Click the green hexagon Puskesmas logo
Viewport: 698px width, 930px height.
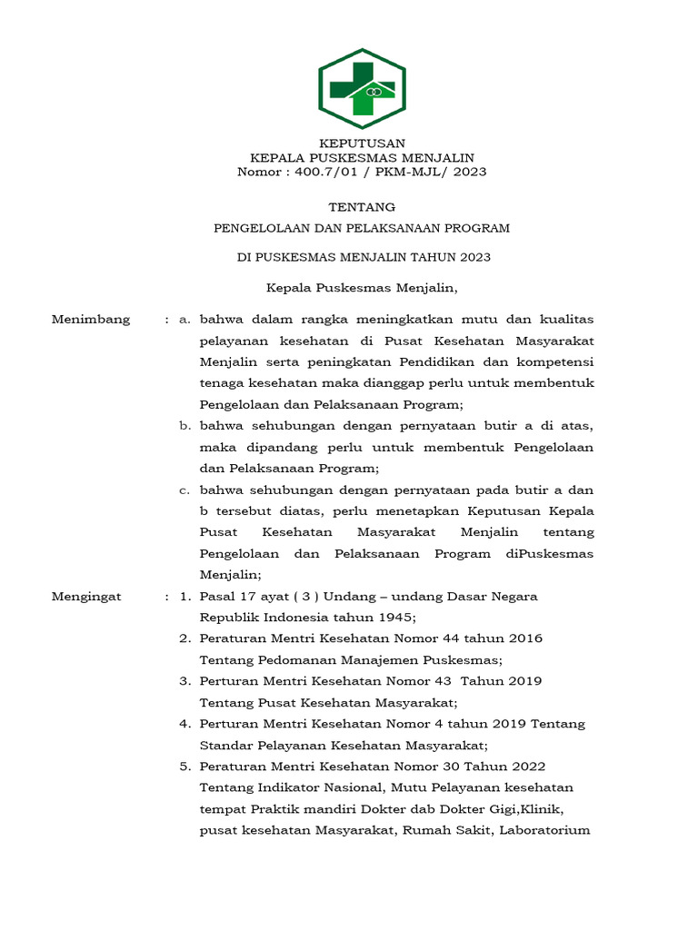(x=362, y=88)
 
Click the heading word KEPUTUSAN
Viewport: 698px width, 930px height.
(x=362, y=143)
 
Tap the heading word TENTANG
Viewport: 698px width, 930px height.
(x=362, y=207)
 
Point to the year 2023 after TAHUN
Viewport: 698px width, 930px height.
(x=474, y=257)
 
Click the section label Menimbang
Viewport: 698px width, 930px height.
(x=91, y=320)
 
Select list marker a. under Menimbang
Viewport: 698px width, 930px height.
(x=184, y=320)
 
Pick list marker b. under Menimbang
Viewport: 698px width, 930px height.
(x=184, y=426)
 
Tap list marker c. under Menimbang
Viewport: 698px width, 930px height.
(x=184, y=490)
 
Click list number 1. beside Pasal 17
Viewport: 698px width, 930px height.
(x=184, y=597)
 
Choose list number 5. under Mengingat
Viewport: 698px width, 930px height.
(x=184, y=766)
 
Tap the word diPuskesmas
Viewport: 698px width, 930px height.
(x=547, y=553)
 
